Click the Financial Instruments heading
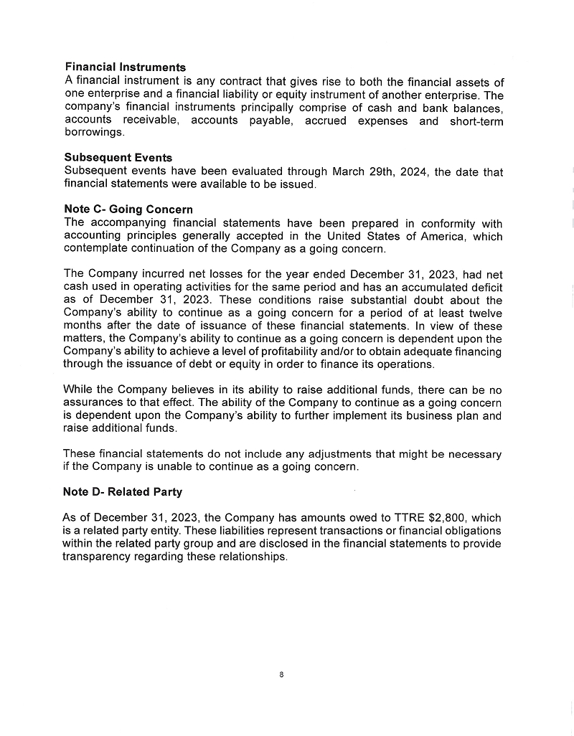(x=125, y=68)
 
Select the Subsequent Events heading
(x=118, y=158)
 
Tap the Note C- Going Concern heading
(x=128, y=209)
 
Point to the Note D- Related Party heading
(x=123, y=492)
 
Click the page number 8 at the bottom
(x=282, y=675)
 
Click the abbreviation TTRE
(x=409, y=518)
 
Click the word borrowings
(x=93, y=133)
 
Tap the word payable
(x=270, y=121)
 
